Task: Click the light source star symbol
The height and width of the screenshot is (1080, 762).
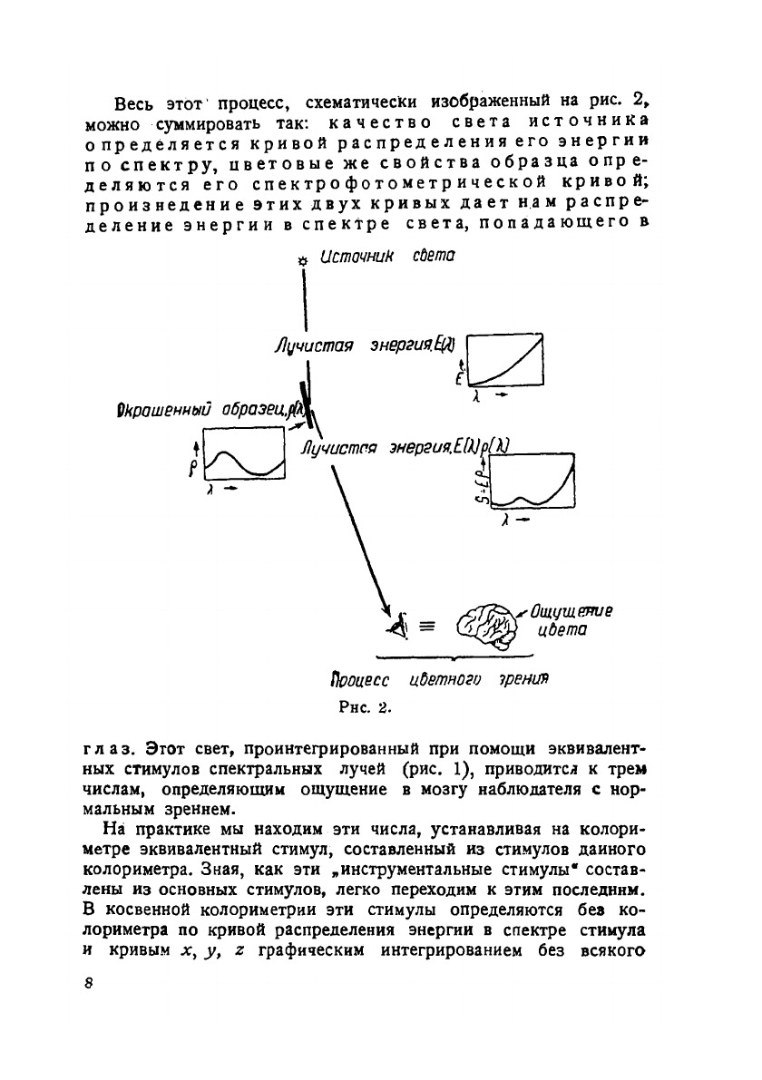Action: tap(304, 261)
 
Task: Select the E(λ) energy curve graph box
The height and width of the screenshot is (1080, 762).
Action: tap(503, 359)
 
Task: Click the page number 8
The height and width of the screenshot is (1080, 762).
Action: tap(88, 985)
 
